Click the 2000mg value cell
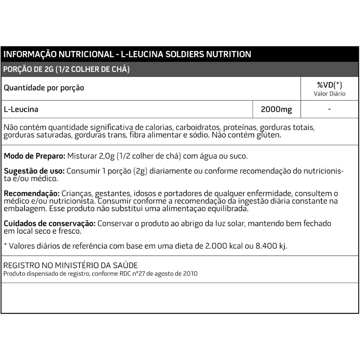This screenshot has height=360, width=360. click(x=276, y=109)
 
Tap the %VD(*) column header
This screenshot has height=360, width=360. click(x=329, y=85)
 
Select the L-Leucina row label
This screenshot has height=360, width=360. click(x=21, y=109)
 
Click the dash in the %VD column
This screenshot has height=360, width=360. click(x=329, y=109)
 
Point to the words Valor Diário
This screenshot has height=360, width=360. click(x=329, y=94)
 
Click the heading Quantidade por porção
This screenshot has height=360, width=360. click(x=44, y=88)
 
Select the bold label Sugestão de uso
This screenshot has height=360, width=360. click(x=34, y=171)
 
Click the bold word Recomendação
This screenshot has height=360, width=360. click(x=32, y=193)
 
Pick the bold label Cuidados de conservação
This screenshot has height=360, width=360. click(x=50, y=224)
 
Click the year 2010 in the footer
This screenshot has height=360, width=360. click(x=190, y=274)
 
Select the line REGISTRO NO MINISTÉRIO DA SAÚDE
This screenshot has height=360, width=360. click(x=71, y=265)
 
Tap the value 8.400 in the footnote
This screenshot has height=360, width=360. click(x=260, y=246)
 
